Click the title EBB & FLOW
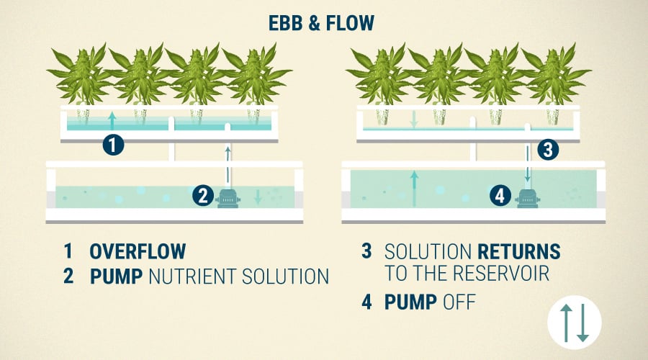click(322, 23)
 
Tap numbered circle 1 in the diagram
click(113, 145)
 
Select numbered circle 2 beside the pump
click(203, 196)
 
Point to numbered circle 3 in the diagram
click(548, 150)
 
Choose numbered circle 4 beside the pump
click(500, 196)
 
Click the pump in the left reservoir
click(228, 199)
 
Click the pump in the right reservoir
click(527, 199)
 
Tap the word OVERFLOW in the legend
click(138, 251)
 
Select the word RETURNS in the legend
click(519, 251)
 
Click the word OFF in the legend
click(459, 302)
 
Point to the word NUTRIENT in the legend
click(192, 276)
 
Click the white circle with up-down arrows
click(575, 323)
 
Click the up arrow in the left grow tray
click(112, 121)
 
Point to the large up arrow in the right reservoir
click(414, 189)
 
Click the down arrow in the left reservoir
click(258, 197)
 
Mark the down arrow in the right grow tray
click(414, 119)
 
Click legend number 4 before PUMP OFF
click(366, 302)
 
